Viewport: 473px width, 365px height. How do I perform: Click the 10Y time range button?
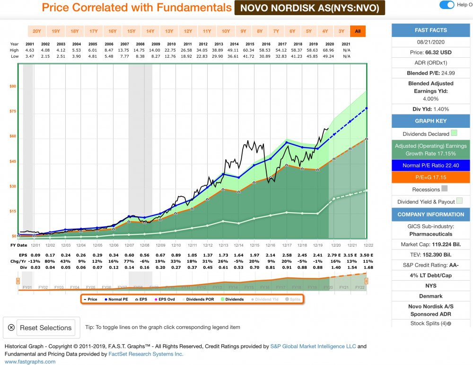click(226, 31)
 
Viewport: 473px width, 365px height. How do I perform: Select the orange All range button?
click(358, 31)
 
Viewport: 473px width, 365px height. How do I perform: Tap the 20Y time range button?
click(36, 31)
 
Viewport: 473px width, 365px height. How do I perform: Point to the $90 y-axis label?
click(12, 87)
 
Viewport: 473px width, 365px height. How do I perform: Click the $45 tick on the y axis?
click(12, 161)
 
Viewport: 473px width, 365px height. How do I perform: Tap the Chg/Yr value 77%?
click(129, 261)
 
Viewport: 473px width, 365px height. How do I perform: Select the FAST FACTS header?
click(430, 30)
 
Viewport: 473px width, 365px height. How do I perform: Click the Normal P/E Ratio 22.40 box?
click(430, 165)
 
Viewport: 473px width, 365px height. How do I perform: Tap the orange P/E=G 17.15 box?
click(430, 178)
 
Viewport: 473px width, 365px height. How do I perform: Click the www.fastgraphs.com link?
click(30, 362)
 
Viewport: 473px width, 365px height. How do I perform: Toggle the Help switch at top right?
click(447, 5)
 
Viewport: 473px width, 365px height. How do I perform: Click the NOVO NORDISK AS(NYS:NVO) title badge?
click(310, 8)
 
